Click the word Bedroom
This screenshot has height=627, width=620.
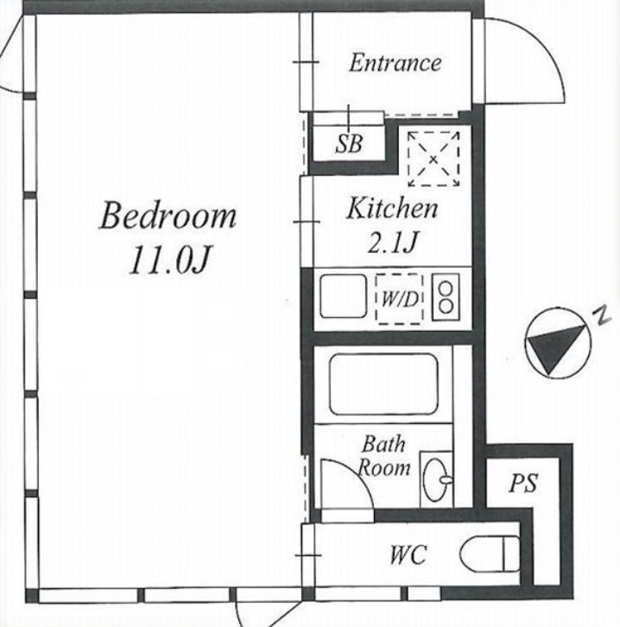pyautogui.click(x=168, y=216)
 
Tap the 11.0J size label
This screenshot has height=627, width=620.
pyautogui.click(x=169, y=259)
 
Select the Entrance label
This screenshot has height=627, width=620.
pyautogui.click(x=395, y=63)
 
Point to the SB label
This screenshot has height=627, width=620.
pyautogui.click(x=349, y=144)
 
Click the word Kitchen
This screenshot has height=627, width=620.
pyautogui.click(x=392, y=208)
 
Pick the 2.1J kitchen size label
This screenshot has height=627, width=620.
pyautogui.click(x=393, y=242)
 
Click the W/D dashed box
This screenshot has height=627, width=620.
pyautogui.click(x=399, y=299)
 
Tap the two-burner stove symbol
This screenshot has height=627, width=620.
pyautogui.click(x=446, y=297)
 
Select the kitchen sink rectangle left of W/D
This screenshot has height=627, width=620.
pyautogui.click(x=343, y=296)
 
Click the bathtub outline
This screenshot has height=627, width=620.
pyautogui.click(x=383, y=384)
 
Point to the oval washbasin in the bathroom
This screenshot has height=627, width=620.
pyautogui.click(x=436, y=479)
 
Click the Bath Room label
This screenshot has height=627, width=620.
pyautogui.click(x=383, y=456)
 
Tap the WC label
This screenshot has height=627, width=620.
pyautogui.click(x=408, y=554)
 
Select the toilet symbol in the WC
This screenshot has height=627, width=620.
pyautogui.click(x=490, y=553)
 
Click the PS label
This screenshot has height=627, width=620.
pyautogui.click(x=523, y=483)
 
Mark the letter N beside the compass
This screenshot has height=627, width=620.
pyautogui.click(x=602, y=314)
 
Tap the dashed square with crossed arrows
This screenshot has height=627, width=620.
pyautogui.click(x=433, y=159)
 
